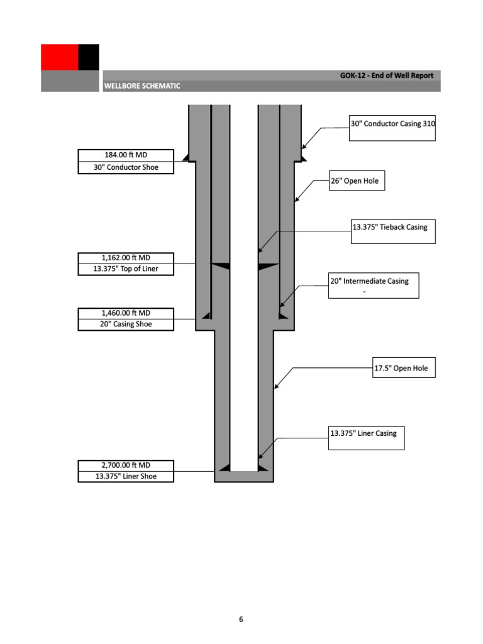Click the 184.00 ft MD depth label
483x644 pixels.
coord(126,155)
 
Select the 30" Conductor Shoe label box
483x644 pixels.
coord(126,167)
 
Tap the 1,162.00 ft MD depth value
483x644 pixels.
coord(126,258)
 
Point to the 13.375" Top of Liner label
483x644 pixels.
coord(126,270)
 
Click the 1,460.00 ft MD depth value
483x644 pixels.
coord(126,313)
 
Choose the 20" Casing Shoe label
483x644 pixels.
coord(126,325)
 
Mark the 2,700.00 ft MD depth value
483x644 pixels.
coord(126,465)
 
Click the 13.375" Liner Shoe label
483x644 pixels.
coord(126,477)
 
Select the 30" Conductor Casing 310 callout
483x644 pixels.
coord(392,124)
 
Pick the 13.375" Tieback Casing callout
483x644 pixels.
coord(392,227)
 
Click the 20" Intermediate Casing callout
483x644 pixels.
coord(374,281)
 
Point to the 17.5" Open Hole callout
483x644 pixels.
coord(404,369)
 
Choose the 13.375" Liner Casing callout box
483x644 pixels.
coord(367,433)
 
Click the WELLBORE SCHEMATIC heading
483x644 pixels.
coord(143,86)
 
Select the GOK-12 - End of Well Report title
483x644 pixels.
coord(387,75)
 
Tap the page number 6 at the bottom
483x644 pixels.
coord(241,619)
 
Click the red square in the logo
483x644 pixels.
coord(60,57)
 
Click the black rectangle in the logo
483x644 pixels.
coord(89,57)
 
